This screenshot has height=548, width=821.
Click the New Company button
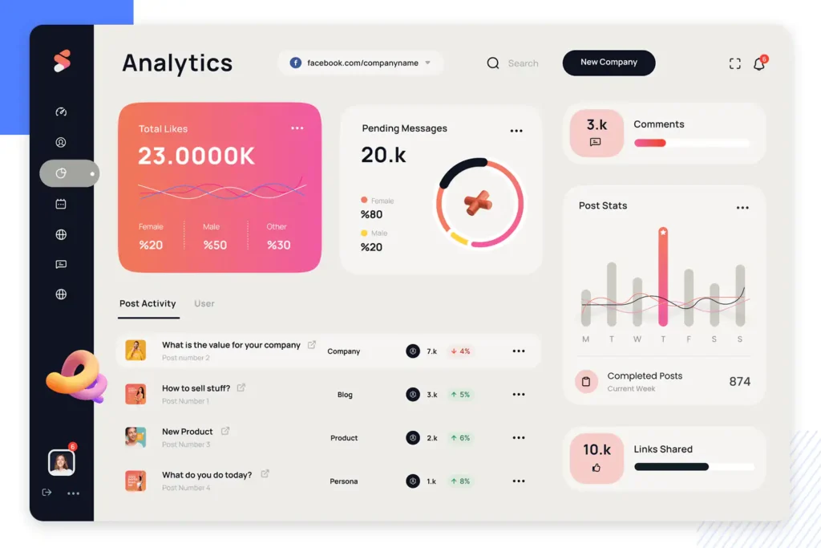[x=609, y=63]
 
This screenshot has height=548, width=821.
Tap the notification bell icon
[x=758, y=64]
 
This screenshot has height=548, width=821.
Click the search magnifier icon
[x=493, y=63]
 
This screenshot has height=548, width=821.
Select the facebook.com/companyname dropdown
[x=361, y=63]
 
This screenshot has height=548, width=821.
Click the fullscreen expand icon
[x=734, y=64]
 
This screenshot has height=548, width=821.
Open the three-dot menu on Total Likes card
[x=297, y=128]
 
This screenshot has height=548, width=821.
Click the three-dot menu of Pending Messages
[x=516, y=131]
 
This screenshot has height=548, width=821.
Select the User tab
[x=204, y=304]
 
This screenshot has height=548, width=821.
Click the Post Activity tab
[x=148, y=304]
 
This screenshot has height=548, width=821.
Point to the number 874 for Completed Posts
[x=739, y=382]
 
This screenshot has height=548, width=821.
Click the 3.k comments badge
[x=597, y=132]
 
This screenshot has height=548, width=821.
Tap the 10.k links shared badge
[x=597, y=457]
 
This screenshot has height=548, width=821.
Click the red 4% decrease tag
[x=460, y=351]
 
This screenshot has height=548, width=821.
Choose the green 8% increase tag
[x=460, y=481]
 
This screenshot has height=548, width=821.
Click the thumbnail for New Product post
[x=135, y=437]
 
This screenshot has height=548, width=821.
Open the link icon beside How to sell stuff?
[x=241, y=388]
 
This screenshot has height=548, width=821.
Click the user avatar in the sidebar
[x=62, y=462]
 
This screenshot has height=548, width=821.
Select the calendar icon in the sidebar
[x=61, y=205]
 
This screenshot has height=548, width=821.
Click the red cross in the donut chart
[x=479, y=202]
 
